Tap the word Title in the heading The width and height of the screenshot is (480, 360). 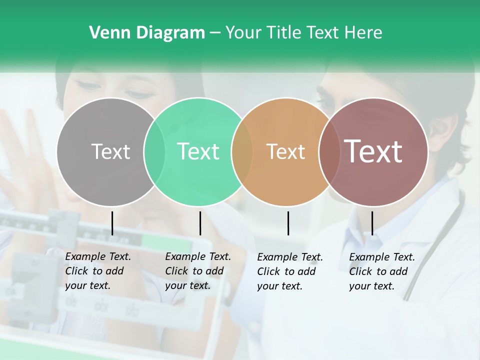click(x=285, y=33)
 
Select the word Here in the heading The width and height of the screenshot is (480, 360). click(x=363, y=33)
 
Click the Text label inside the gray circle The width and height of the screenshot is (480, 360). click(x=110, y=151)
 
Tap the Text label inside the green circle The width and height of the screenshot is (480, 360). click(x=198, y=151)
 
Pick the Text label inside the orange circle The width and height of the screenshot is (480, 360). click(x=285, y=151)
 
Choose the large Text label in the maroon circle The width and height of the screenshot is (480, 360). click(x=373, y=151)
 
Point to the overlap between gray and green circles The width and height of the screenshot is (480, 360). click(x=154, y=152)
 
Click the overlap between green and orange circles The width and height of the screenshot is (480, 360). click(x=242, y=152)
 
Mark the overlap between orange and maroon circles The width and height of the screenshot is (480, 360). click(x=329, y=152)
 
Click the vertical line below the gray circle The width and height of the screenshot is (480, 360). click(x=112, y=223)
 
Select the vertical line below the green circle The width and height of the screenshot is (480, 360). click(x=200, y=223)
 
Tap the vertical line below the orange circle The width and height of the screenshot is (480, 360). click(x=288, y=223)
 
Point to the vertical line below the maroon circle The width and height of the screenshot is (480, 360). click(x=372, y=223)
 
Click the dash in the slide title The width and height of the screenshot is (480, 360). click(x=215, y=33)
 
